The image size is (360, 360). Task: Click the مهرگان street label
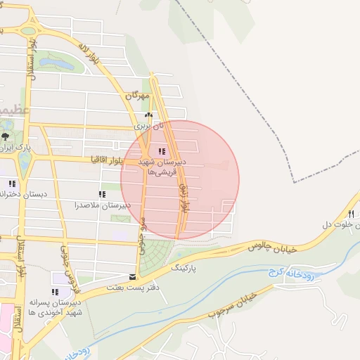[139, 95]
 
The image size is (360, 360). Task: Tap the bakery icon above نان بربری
[148, 115]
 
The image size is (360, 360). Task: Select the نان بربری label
[148, 126]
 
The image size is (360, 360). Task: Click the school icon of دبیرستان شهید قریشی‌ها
[162, 151]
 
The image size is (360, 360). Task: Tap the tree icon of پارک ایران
[6, 136]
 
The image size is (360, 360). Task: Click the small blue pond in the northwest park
[56, 64]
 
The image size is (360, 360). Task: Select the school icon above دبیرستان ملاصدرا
[103, 194]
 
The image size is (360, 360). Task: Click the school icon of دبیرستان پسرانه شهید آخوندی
[55, 292]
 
